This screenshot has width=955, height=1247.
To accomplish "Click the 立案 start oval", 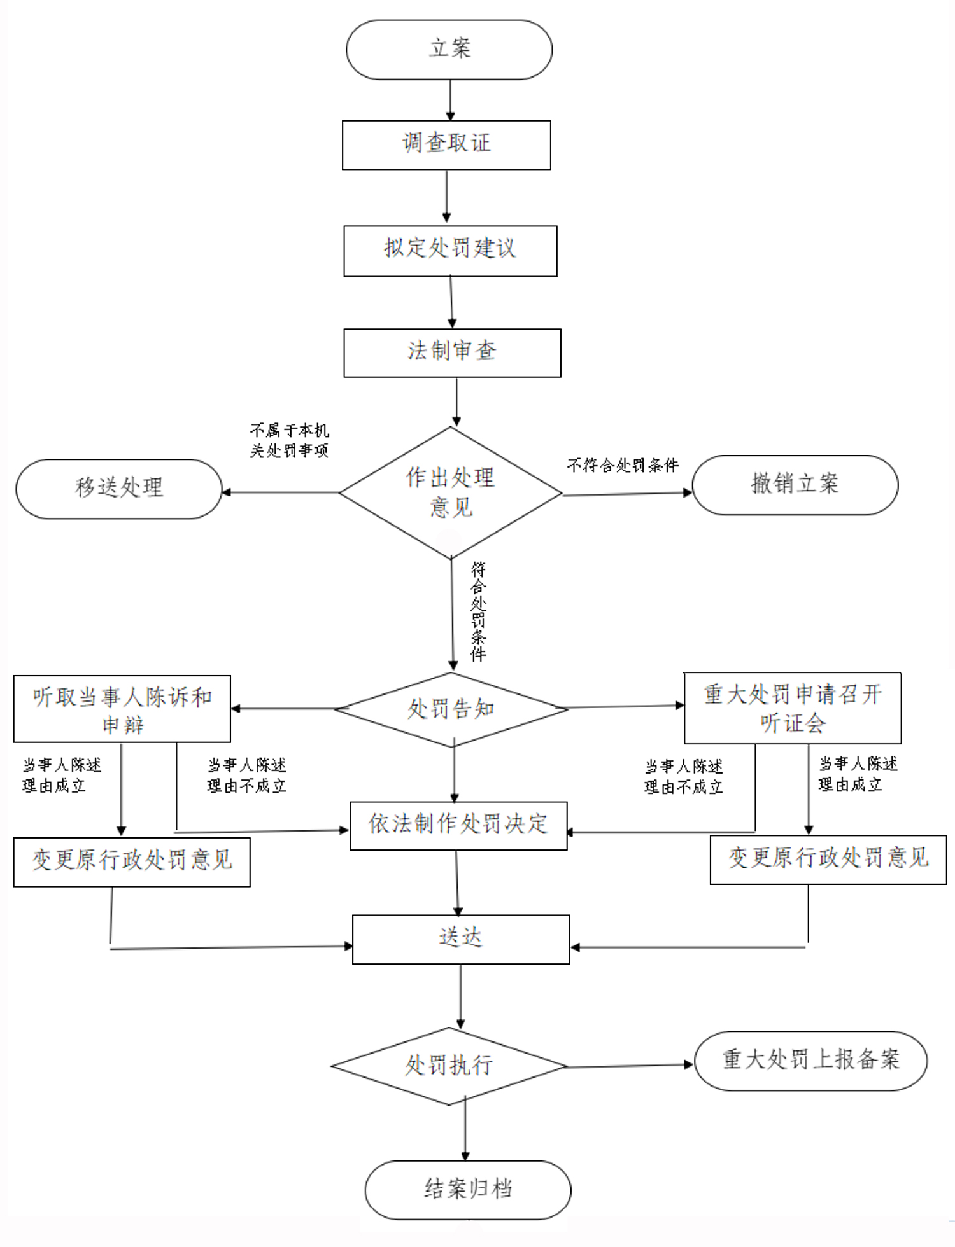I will (x=449, y=50).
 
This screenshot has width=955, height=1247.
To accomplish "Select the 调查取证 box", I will (x=446, y=144).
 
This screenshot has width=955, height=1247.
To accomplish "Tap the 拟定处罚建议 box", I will (x=450, y=250).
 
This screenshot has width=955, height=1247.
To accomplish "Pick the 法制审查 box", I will (x=452, y=352).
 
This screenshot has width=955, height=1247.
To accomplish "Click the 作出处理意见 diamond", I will (x=451, y=492).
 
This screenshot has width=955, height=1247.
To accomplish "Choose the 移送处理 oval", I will (x=119, y=489).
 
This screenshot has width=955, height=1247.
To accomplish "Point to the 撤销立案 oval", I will (x=795, y=485).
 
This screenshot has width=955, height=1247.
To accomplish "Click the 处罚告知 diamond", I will (x=451, y=709).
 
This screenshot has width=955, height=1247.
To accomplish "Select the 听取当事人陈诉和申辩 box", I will (x=122, y=709).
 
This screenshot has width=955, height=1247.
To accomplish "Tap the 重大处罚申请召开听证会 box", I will (x=793, y=708).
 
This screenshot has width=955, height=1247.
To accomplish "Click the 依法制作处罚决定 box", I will (x=458, y=825).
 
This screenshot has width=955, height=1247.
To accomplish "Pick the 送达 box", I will (x=461, y=939).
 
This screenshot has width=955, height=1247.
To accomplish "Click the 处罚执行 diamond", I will (x=449, y=1066).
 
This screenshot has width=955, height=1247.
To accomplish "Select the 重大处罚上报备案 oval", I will (x=810, y=1061).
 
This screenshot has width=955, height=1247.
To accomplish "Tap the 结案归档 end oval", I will (x=468, y=1189).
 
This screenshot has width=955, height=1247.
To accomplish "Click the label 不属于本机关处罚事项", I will (x=290, y=440).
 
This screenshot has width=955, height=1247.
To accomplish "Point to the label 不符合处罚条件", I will (x=623, y=466).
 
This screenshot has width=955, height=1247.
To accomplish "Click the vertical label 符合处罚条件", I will (x=478, y=611).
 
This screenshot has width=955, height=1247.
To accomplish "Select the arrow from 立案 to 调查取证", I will (x=450, y=100).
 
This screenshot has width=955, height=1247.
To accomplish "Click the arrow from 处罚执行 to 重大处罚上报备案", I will (x=629, y=1066).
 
